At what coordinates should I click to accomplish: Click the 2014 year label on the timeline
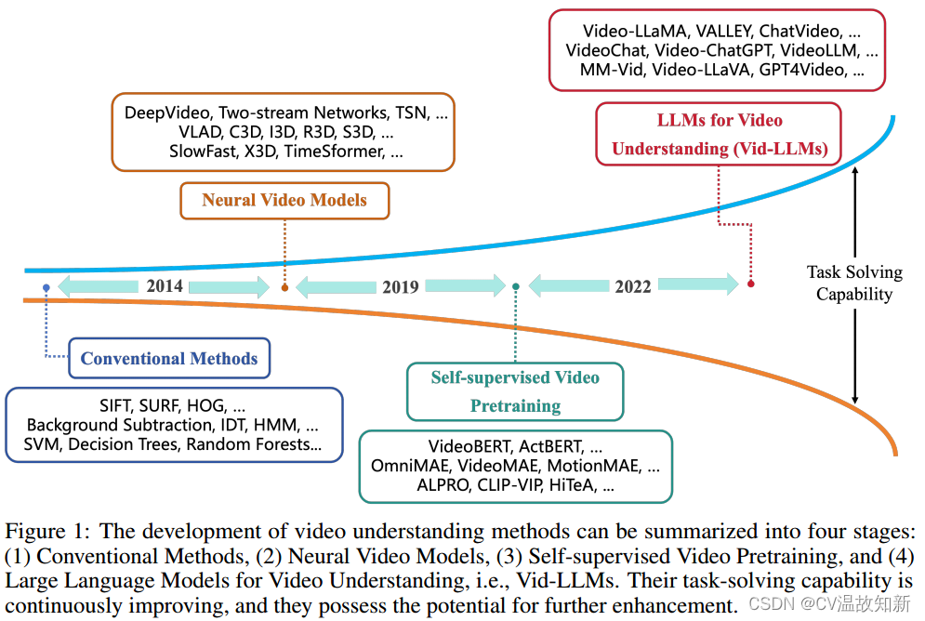pos(165,286)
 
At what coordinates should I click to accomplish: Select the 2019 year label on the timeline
pos(401,287)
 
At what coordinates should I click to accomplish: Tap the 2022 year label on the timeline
pos(633,286)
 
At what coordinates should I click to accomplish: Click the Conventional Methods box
pos(169,359)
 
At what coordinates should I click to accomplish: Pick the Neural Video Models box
pos(284,200)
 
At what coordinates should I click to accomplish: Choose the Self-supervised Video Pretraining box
pos(515,391)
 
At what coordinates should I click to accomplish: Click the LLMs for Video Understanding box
pos(718,134)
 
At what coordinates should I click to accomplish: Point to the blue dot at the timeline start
pos(46,288)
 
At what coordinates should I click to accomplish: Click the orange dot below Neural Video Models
pos(284,288)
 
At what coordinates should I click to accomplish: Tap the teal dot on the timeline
pos(516,287)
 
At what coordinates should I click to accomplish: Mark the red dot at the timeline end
pos(750,284)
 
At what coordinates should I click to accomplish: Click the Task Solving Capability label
pos(854,283)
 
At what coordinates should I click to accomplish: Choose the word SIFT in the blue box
pos(117,406)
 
